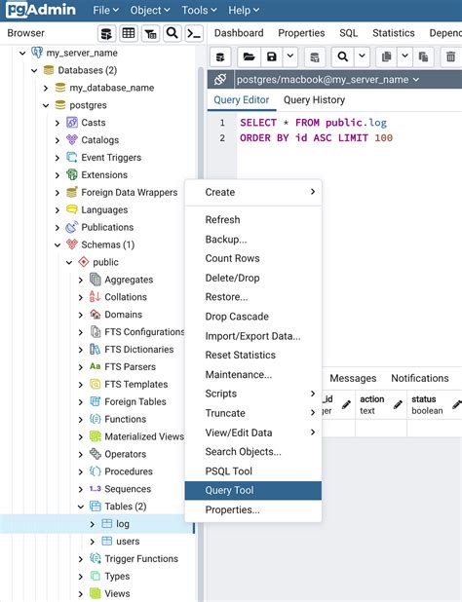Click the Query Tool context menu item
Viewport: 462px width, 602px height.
pos(229,490)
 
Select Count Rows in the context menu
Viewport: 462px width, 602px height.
pos(232,258)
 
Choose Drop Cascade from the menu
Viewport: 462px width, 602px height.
pos(236,317)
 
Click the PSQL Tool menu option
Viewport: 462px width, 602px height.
pos(228,471)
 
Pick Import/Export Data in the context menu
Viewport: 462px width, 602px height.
pos(252,336)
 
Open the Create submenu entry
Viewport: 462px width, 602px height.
pos(220,192)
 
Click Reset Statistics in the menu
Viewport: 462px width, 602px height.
pos(240,355)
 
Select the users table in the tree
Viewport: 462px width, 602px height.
pos(128,541)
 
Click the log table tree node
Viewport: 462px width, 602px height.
pos(122,523)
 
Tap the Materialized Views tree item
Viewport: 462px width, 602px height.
pos(143,436)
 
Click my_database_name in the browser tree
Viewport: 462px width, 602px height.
pos(111,88)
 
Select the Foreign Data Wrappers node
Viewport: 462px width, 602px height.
pos(129,193)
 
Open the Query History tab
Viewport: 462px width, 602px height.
pos(314,99)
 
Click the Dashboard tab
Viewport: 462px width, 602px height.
pos(239,33)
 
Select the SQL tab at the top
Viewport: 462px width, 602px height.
pos(348,33)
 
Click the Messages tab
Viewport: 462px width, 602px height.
pos(353,378)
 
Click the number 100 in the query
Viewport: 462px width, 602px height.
pos(383,138)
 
